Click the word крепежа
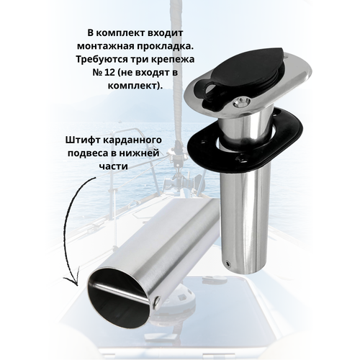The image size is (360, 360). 174,60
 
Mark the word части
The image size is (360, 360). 114,166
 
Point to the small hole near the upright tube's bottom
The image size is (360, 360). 228,264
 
